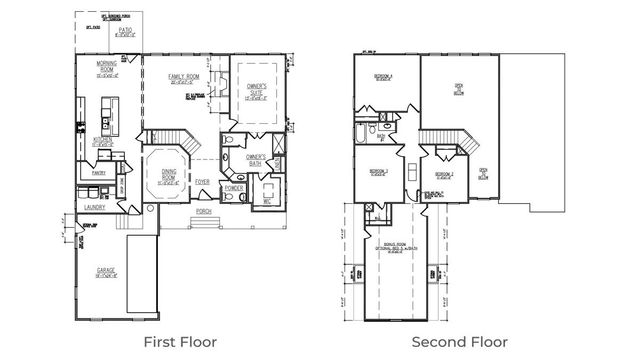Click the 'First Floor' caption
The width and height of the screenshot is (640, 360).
click(x=180, y=341)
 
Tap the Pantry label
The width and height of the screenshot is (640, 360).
click(x=99, y=173)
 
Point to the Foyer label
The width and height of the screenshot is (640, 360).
click(x=202, y=182)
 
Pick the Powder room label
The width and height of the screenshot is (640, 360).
click(x=234, y=187)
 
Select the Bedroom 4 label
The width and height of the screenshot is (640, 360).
click(x=383, y=78)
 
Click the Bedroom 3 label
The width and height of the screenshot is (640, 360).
click(x=378, y=172)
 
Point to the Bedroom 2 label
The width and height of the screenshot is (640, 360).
click(x=444, y=175)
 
